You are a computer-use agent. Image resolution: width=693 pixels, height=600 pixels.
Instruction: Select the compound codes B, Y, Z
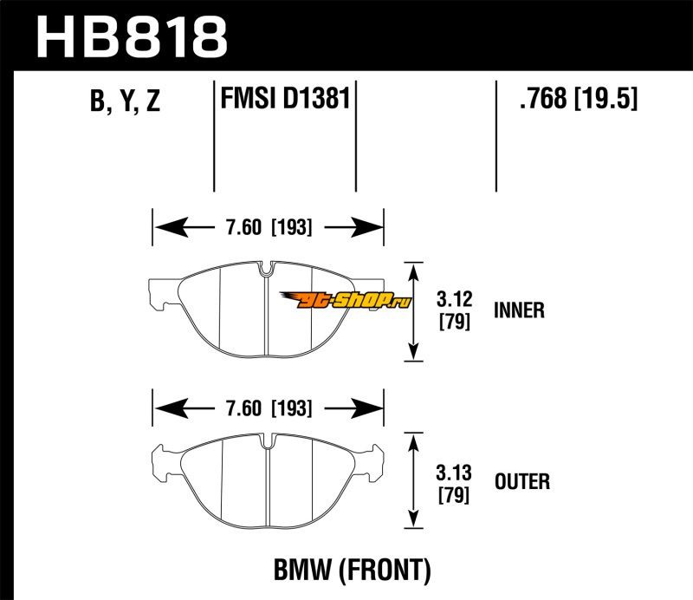click(125, 102)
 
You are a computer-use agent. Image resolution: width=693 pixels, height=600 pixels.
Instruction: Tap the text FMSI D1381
click(285, 98)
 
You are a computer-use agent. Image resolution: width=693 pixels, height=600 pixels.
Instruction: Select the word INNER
click(519, 310)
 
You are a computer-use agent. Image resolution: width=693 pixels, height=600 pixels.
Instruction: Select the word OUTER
click(521, 481)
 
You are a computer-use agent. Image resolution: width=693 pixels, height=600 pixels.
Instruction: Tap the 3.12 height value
click(454, 301)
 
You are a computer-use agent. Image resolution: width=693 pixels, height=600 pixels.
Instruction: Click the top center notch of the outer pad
click(267, 441)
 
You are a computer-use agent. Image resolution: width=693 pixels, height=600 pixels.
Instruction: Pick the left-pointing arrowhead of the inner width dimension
click(165, 229)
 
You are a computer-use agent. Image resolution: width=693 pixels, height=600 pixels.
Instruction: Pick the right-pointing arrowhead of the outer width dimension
click(372, 408)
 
